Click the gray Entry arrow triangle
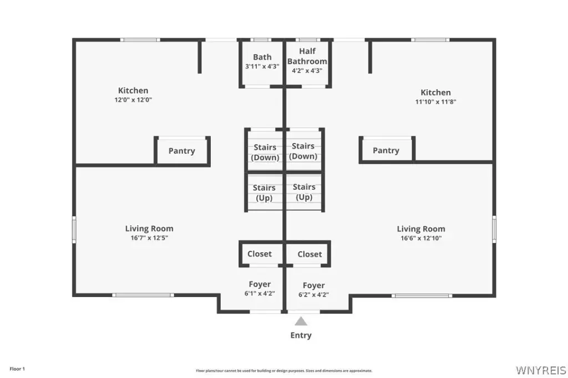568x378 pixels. click(301, 321)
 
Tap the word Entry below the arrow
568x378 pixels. click(301, 335)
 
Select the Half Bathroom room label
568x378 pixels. click(307, 56)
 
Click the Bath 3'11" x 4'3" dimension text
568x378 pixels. click(262, 67)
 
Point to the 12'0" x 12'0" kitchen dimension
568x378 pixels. click(133, 100)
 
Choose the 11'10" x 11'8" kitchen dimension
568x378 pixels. click(435, 102)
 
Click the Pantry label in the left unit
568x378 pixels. click(181, 151)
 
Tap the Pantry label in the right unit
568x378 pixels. click(386, 150)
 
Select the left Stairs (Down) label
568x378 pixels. click(265, 152)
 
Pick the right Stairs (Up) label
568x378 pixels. click(304, 192)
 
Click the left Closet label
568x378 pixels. click(260, 254)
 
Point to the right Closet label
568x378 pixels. click(310, 254)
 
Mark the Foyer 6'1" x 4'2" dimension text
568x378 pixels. click(260, 293)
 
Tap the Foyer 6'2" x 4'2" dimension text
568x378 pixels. click(313, 294)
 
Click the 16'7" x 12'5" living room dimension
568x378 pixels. click(149, 238)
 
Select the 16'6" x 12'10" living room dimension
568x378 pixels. click(421, 238)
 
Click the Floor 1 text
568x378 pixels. click(17, 369)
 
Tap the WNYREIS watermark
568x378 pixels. click(541, 370)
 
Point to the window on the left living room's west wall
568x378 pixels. click(74, 229)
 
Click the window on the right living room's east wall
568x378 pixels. click(494, 229)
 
